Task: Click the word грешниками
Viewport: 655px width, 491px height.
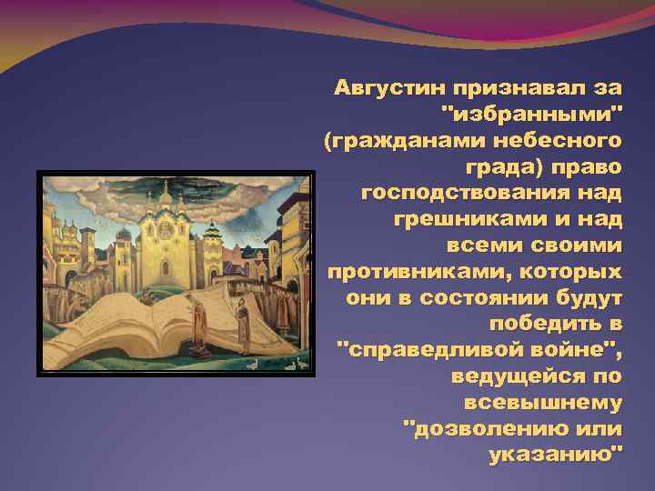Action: (463, 220)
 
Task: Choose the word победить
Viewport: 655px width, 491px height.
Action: (543, 324)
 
